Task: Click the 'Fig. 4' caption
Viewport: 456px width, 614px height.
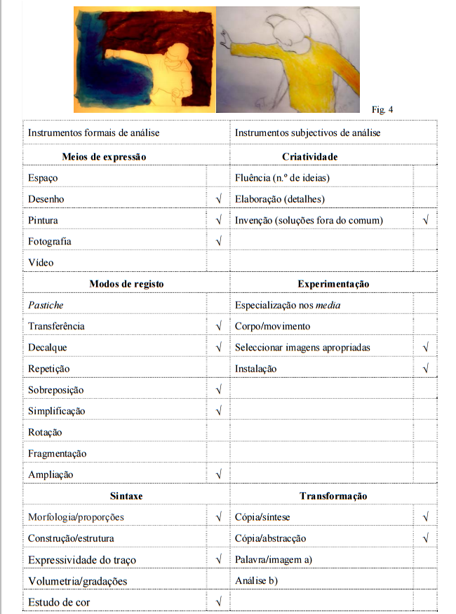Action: click(383, 109)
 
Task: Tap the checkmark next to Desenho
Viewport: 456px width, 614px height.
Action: click(219, 199)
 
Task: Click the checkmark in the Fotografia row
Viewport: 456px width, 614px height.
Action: click(219, 241)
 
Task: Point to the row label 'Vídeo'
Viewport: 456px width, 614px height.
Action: click(41, 262)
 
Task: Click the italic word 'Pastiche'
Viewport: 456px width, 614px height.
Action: click(46, 305)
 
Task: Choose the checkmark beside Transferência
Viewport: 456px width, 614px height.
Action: click(219, 326)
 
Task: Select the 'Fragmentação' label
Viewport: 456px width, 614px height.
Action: click(58, 453)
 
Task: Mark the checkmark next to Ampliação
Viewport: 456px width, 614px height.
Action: click(219, 475)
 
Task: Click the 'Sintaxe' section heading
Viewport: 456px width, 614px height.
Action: click(126, 496)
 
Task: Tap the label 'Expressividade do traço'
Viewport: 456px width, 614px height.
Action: click(82, 559)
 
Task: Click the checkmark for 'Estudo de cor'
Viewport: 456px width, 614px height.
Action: click(219, 602)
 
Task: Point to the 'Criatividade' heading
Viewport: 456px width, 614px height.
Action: click(309, 156)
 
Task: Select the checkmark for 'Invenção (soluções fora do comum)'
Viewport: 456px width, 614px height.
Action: click(426, 220)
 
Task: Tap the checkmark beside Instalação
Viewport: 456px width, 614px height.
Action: click(426, 369)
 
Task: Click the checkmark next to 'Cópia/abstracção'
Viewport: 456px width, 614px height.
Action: click(426, 538)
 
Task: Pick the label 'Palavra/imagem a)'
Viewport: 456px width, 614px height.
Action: click(274, 559)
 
